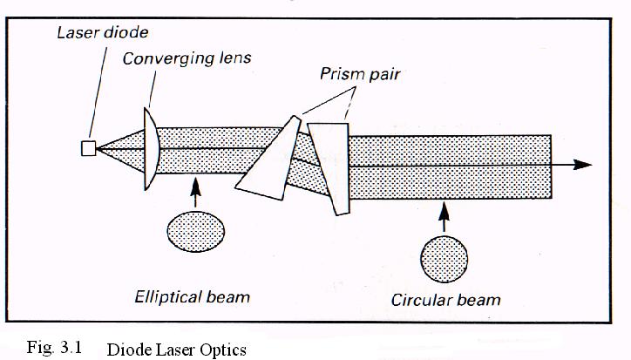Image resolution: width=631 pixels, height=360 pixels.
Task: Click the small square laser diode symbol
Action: pyautogui.click(x=88, y=148)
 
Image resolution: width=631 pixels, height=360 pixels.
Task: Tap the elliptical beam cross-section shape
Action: pyautogui.click(x=195, y=229)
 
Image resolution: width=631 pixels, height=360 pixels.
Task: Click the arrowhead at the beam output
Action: pyautogui.click(x=583, y=164)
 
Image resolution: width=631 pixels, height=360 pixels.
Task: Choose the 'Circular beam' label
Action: pyautogui.click(x=446, y=301)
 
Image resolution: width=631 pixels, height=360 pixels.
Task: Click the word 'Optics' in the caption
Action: pyautogui.click(x=225, y=350)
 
